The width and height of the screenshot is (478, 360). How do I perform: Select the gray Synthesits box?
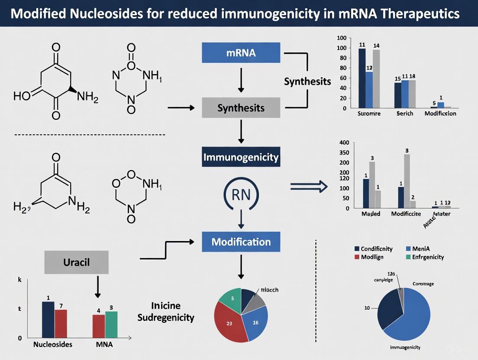click(x=241, y=108)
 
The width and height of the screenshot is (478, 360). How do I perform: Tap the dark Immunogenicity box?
click(x=241, y=157)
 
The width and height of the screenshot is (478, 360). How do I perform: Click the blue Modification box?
click(x=241, y=242)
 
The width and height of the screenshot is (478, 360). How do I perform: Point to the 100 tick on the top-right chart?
click(x=341, y=47)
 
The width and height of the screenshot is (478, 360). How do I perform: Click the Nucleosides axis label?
click(x=53, y=345)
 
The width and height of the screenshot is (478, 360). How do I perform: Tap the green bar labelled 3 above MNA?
click(x=111, y=324)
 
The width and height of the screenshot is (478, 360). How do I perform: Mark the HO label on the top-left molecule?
click(x=22, y=96)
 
